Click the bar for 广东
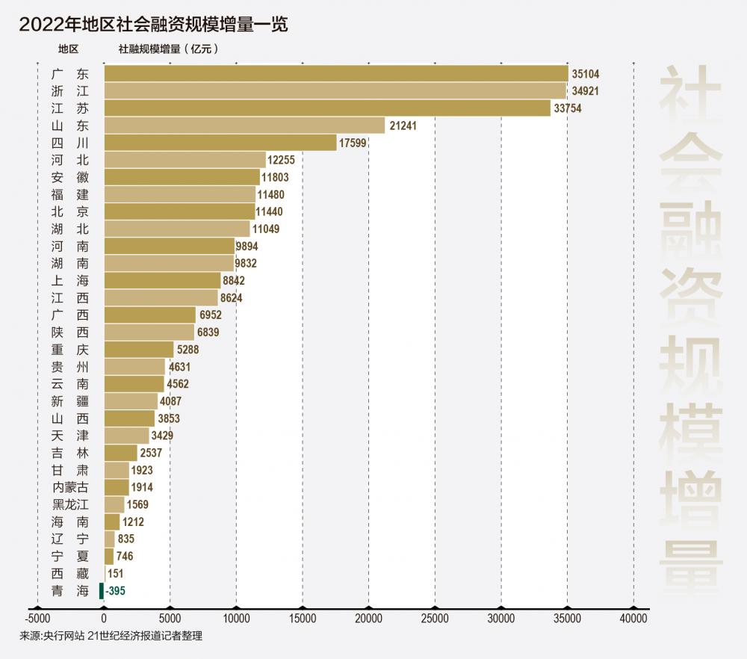pyautogui.click(x=336, y=74)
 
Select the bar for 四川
pyautogui.click(x=220, y=143)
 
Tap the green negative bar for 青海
pyautogui.click(x=102, y=591)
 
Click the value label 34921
pyautogui.click(x=584, y=91)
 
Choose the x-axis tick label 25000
pyautogui.click(x=435, y=619)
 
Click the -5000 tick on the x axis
pyautogui.click(x=37, y=619)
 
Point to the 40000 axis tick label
pyautogui.click(x=633, y=619)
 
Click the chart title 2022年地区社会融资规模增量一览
pyautogui.click(x=153, y=23)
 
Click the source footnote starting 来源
pyautogui.click(x=111, y=637)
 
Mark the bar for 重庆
pyautogui.click(x=139, y=350)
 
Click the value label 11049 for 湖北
pyautogui.click(x=265, y=229)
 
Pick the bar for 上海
pyautogui.click(x=162, y=280)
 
